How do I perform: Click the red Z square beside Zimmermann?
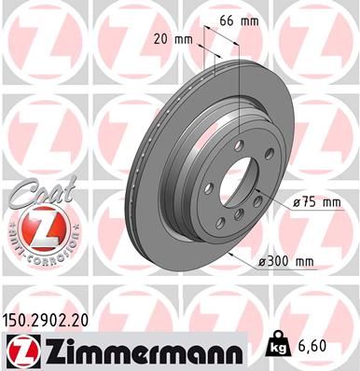pos(20,347)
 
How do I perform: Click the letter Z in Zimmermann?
pos(46,346)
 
